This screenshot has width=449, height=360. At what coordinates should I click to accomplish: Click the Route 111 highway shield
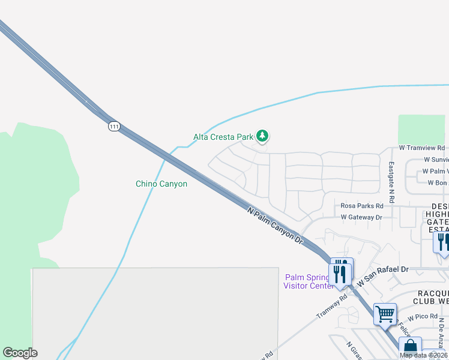click(115, 126)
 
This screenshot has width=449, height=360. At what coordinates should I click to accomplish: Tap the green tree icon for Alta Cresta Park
click(262, 136)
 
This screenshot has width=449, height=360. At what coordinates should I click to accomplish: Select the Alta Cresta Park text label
click(223, 137)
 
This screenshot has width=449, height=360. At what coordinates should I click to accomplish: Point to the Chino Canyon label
click(161, 184)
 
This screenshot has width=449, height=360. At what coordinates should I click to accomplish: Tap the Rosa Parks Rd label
click(362, 206)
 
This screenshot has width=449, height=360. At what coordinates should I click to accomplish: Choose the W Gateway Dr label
click(361, 217)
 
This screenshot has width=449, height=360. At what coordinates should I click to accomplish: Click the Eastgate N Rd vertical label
click(391, 181)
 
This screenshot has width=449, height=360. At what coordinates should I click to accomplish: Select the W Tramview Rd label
click(422, 148)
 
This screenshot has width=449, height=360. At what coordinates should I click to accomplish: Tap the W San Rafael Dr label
click(382, 276)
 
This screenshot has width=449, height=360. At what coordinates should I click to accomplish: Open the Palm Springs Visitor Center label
click(308, 281)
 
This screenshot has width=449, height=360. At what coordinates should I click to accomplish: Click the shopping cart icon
click(385, 313)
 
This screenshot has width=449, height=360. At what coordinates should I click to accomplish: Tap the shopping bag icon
click(410, 347)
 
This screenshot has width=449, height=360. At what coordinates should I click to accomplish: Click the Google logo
click(20, 353)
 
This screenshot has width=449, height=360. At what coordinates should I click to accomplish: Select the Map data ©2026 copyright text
click(424, 355)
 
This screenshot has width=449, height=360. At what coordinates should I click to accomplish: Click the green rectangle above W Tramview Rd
click(421, 129)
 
